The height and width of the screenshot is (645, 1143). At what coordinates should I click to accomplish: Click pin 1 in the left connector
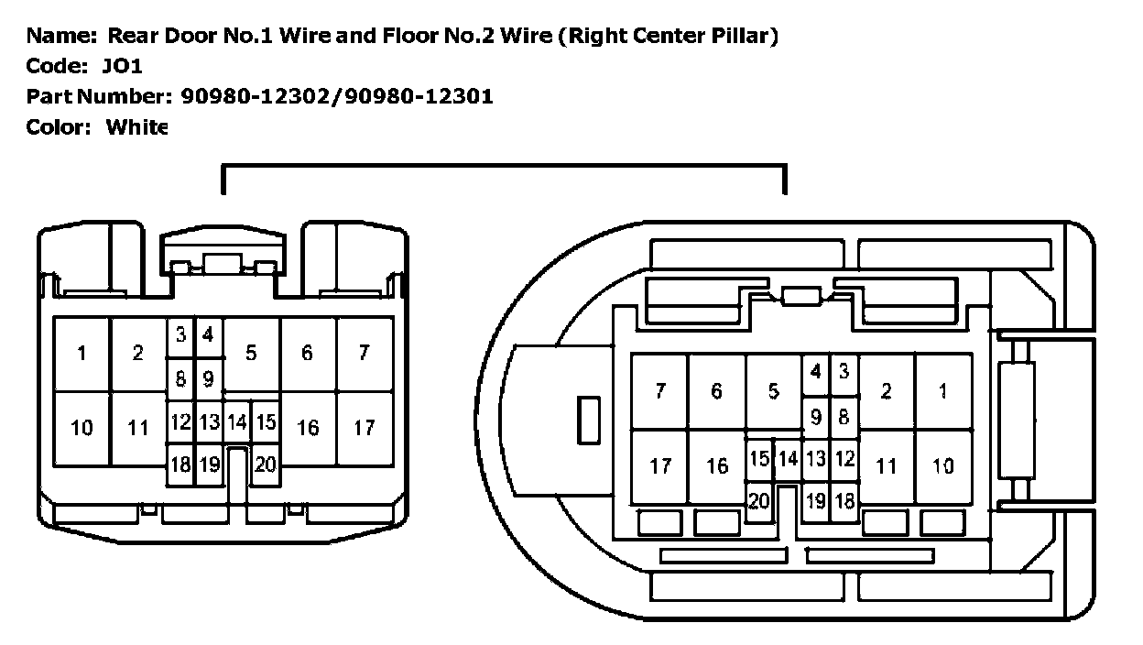[x=82, y=354]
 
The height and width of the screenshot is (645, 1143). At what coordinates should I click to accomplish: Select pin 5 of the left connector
[x=251, y=354]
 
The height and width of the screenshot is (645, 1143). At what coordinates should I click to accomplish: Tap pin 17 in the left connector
[x=364, y=427]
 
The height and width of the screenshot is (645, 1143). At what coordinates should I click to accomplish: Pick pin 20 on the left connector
[x=265, y=465]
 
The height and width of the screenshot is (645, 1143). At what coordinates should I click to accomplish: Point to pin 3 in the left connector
[x=180, y=335]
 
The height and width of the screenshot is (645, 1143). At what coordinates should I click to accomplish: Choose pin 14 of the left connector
[x=237, y=422]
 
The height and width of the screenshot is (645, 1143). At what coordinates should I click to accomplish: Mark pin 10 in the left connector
[x=82, y=427]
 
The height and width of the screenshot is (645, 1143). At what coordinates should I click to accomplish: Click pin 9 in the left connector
[x=208, y=377]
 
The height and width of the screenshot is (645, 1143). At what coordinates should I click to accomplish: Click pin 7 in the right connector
[x=660, y=391]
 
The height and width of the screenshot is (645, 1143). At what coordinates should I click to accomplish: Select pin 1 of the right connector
[x=942, y=391]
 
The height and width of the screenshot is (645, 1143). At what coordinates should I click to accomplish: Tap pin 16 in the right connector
[x=717, y=465]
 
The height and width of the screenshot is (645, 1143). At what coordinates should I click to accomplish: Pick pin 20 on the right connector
[x=758, y=500]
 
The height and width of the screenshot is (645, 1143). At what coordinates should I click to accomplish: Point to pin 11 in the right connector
[x=886, y=465]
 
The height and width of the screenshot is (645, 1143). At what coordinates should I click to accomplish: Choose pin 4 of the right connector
[x=815, y=372]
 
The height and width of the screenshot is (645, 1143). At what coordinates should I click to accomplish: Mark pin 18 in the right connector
[x=844, y=500]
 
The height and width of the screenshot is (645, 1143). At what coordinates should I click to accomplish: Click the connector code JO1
[x=123, y=66]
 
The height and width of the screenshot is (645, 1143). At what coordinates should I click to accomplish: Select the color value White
[x=137, y=126]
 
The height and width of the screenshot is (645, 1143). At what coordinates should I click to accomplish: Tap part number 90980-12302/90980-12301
[x=337, y=96]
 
